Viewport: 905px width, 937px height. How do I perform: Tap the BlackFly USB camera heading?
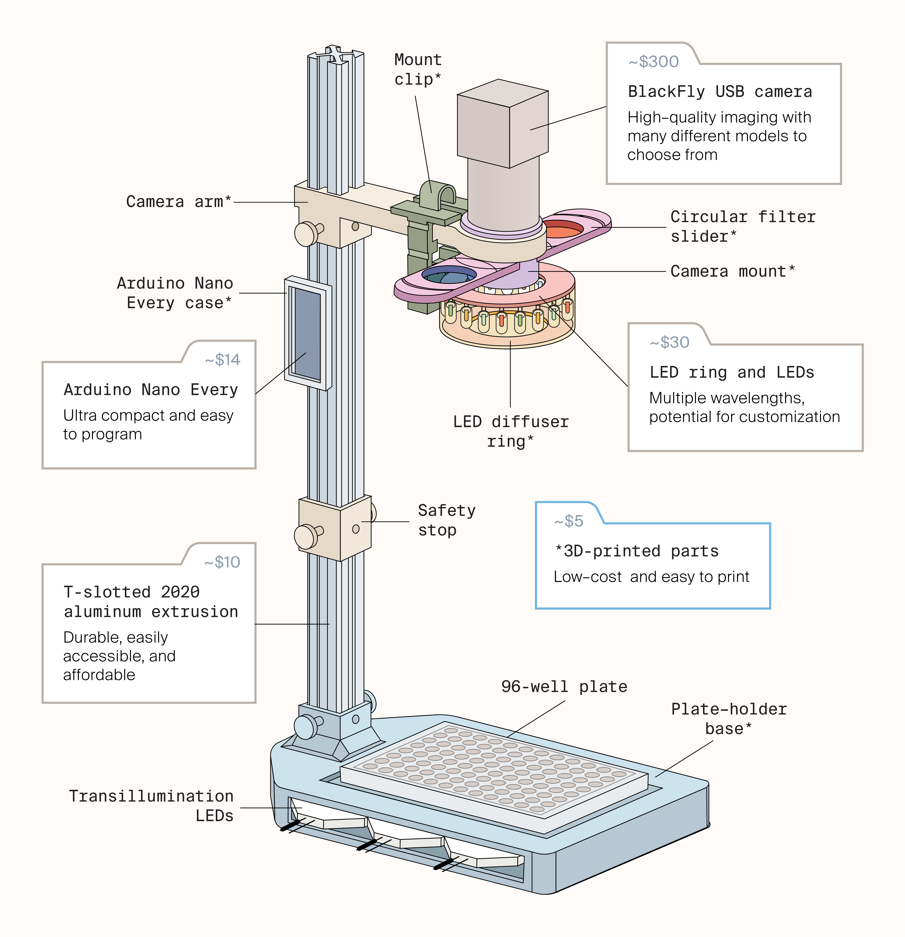coord(720,91)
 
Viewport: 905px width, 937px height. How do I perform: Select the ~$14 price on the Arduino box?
coord(222,359)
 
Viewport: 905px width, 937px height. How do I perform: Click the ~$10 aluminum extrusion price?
coord(222,562)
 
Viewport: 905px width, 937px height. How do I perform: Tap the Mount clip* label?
coord(417,69)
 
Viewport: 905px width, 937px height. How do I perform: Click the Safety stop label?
coord(446,520)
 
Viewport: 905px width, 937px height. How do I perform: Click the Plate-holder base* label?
coord(729,719)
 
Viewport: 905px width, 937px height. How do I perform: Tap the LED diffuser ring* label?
coord(511,431)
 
